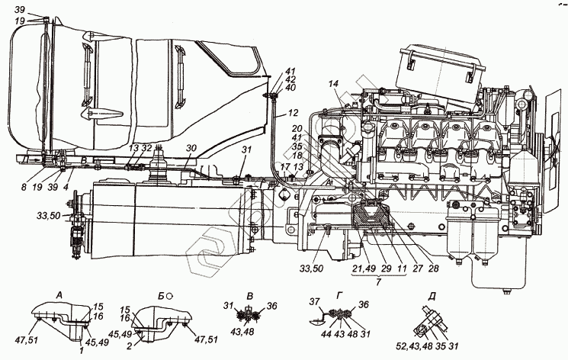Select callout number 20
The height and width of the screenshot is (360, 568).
tap(297, 129)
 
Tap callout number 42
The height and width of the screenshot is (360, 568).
tap(290, 79)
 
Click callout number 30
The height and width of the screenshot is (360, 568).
tap(191, 148)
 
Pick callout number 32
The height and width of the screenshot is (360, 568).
tap(146, 148)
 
